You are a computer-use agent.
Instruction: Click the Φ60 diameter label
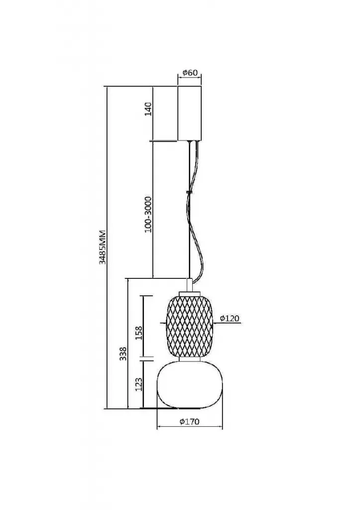(190, 73)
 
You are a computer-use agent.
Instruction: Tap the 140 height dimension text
(148, 109)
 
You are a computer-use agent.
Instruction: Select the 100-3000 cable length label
(148, 214)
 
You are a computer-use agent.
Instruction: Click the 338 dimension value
(123, 354)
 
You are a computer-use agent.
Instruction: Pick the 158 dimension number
(139, 332)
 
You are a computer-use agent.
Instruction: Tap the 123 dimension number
(139, 384)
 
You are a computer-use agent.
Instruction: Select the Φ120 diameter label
(230, 318)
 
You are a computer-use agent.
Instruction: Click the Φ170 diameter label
(189, 421)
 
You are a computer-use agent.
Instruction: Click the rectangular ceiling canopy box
(189, 113)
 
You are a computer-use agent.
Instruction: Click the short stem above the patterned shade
(189, 284)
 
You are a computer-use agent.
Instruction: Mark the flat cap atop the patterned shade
(189, 293)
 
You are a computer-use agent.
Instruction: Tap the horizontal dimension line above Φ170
(190, 426)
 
